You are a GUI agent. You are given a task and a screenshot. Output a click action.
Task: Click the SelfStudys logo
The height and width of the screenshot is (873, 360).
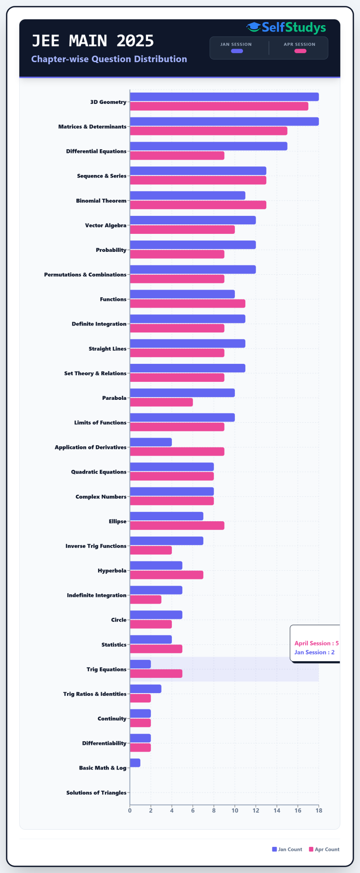(x=286, y=27)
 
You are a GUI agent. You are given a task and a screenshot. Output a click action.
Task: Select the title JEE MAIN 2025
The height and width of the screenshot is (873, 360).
(x=93, y=41)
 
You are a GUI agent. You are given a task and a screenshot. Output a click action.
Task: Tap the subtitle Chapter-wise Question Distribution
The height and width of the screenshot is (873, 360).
(x=109, y=59)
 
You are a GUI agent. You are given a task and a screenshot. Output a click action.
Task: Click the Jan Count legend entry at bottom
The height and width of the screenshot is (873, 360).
(x=287, y=849)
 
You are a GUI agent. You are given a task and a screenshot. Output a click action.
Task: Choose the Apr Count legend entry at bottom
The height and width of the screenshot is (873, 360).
(x=324, y=849)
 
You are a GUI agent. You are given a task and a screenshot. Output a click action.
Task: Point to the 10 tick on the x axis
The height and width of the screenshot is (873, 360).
(x=235, y=810)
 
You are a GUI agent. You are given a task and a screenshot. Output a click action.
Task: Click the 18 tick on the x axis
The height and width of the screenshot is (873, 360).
(x=319, y=810)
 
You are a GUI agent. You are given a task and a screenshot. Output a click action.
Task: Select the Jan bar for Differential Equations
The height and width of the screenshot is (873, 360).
(x=208, y=146)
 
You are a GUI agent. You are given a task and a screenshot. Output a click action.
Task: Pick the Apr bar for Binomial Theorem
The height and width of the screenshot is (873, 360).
(x=198, y=205)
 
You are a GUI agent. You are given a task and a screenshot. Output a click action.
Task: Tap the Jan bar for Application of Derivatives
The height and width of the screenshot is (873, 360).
(x=151, y=442)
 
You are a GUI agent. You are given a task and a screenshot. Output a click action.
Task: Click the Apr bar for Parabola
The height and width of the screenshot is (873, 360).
(x=161, y=402)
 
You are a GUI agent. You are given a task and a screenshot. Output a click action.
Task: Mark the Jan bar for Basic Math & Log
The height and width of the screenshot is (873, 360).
(x=135, y=763)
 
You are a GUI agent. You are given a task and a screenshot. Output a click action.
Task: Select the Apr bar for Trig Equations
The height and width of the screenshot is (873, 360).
(x=156, y=673)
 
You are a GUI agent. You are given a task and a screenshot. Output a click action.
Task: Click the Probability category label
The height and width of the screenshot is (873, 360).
(x=111, y=250)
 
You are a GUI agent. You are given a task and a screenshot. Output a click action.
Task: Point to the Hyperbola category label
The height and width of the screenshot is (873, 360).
(x=112, y=571)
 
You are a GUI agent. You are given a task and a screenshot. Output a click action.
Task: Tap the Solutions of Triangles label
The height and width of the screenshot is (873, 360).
(x=96, y=792)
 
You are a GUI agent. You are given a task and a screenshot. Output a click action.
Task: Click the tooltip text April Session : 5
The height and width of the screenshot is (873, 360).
(x=316, y=643)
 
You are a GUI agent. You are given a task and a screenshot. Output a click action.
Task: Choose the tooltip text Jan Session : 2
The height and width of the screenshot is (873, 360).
(x=314, y=652)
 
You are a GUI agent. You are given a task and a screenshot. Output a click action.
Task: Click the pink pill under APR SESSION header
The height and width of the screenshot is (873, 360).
(x=300, y=51)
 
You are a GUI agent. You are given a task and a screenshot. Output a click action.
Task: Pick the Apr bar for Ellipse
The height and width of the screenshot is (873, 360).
(x=177, y=525)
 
